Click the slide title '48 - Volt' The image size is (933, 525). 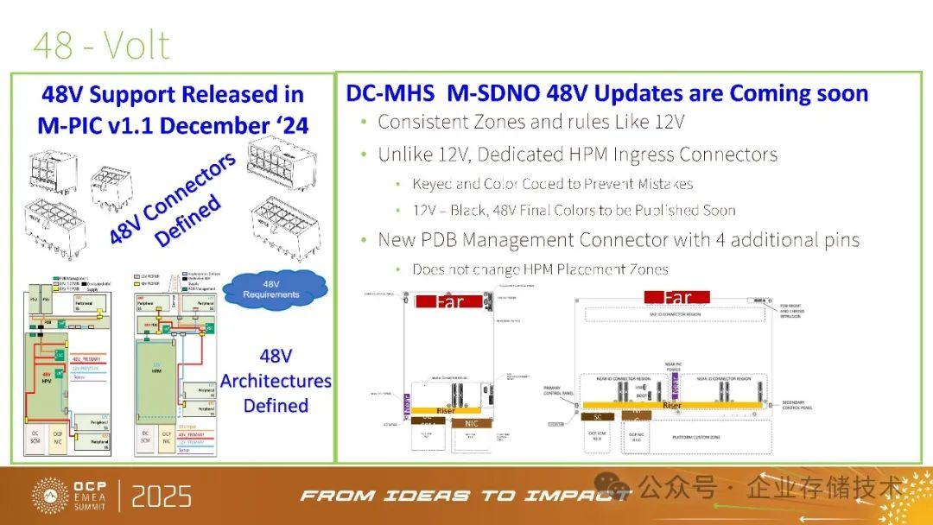102,45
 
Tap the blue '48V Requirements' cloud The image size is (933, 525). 270,288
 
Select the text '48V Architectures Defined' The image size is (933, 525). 276,380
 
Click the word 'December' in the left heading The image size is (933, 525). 218,125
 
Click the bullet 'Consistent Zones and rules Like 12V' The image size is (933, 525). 530,122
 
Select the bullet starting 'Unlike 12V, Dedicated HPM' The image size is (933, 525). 577,155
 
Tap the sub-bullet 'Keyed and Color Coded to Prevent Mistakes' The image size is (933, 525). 552,183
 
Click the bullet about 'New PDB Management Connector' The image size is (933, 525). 618,239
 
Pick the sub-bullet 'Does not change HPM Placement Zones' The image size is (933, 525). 540,269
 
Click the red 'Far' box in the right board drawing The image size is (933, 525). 677,298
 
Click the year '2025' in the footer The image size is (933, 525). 162,497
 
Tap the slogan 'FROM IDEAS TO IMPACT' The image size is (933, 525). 465,496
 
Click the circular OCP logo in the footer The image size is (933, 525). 50,496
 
